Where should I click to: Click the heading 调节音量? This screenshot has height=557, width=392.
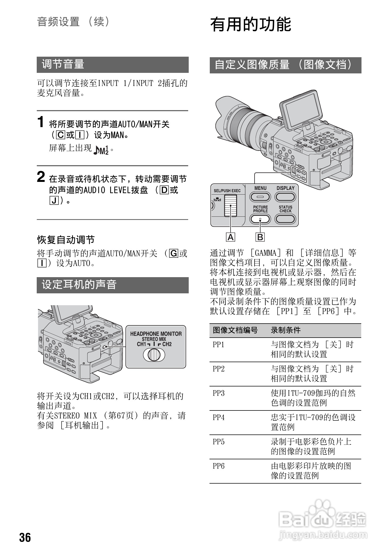pyautogui.click(x=63, y=64)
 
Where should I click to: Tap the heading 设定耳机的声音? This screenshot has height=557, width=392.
pyautogui.click(x=79, y=285)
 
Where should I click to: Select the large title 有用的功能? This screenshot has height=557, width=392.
pyautogui.click(x=251, y=24)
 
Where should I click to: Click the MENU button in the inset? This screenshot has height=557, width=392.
pyautogui.click(x=260, y=197)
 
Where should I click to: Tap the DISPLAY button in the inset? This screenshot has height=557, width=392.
pyautogui.click(x=285, y=197)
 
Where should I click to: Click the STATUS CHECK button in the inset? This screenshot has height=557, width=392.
pyautogui.click(x=285, y=219)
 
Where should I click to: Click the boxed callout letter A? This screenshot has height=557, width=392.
pyautogui.click(x=231, y=237)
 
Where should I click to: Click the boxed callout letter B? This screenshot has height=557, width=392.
pyautogui.click(x=260, y=237)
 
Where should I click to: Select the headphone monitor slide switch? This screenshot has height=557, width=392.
pyautogui.click(x=154, y=355)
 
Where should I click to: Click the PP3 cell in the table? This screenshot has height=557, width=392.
pyautogui.click(x=219, y=393)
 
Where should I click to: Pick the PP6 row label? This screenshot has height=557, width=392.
pyautogui.click(x=219, y=466)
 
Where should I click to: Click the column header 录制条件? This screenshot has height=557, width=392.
pyautogui.click(x=286, y=330)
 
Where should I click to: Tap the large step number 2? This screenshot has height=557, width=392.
pyautogui.click(x=41, y=177)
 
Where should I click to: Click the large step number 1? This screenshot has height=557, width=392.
pyautogui.click(x=41, y=122)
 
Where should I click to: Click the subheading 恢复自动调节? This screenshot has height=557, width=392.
pyautogui.click(x=66, y=240)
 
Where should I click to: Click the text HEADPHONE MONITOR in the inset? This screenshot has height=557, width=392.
pyautogui.click(x=156, y=334)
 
